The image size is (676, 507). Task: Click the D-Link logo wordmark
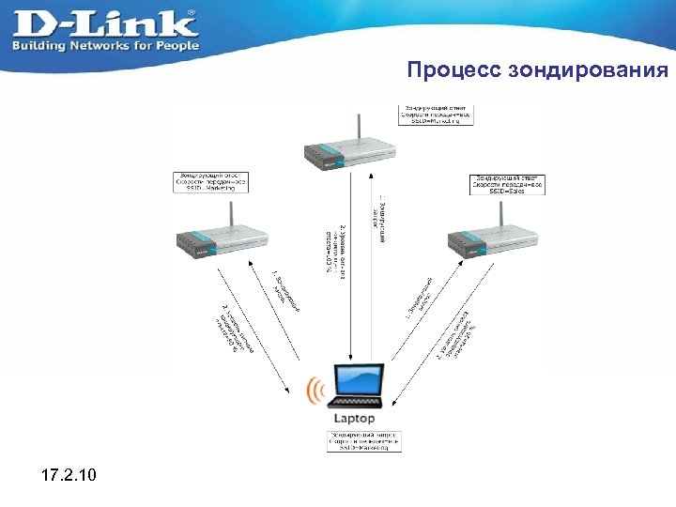(x=103, y=23)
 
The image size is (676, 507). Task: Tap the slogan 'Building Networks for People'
(x=105, y=45)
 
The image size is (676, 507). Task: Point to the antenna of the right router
(x=500, y=211)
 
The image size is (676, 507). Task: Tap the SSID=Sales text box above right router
(x=508, y=182)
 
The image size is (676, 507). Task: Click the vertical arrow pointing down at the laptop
(x=348, y=282)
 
